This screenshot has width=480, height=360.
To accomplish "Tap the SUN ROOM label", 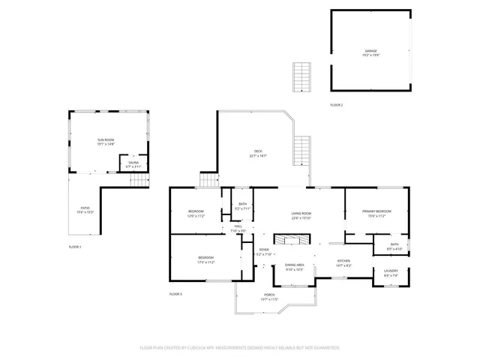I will click(105, 140).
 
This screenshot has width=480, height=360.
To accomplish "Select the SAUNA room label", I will click(133, 162).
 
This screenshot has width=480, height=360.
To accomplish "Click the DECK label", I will click(258, 152).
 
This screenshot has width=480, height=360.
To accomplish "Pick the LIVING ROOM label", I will click(301, 214).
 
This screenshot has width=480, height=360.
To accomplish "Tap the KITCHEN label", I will click(343, 261).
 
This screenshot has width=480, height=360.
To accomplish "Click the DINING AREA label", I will click(294, 265).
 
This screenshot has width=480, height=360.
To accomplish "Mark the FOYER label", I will click(264, 250).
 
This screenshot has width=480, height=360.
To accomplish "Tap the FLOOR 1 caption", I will click(75, 247).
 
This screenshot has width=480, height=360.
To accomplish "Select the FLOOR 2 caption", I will click(337, 105).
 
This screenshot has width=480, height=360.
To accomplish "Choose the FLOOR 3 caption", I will click(175, 293).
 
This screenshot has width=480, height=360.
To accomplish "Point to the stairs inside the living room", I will click(290, 239).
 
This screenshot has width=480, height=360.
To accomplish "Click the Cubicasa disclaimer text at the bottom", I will click(240, 348).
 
